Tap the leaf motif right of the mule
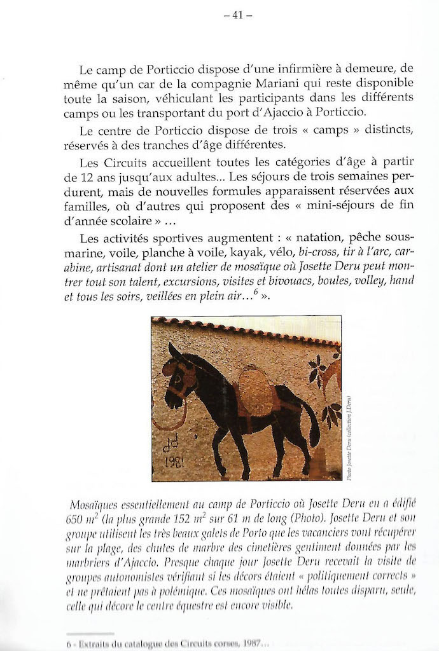pyautogui.click(x=327, y=388)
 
